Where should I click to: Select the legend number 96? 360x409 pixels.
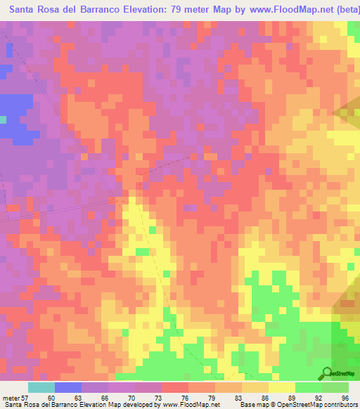click(345, 397)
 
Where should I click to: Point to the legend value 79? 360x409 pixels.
click(211, 397)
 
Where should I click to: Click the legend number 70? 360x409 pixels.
click(131, 397)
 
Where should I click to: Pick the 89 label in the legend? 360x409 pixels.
click(291, 397)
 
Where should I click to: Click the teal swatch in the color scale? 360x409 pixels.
click(41, 387)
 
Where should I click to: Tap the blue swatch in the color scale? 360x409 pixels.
click(68, 387)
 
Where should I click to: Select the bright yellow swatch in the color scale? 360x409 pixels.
click(282, 387)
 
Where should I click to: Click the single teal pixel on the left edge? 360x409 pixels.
click(3, 119)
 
